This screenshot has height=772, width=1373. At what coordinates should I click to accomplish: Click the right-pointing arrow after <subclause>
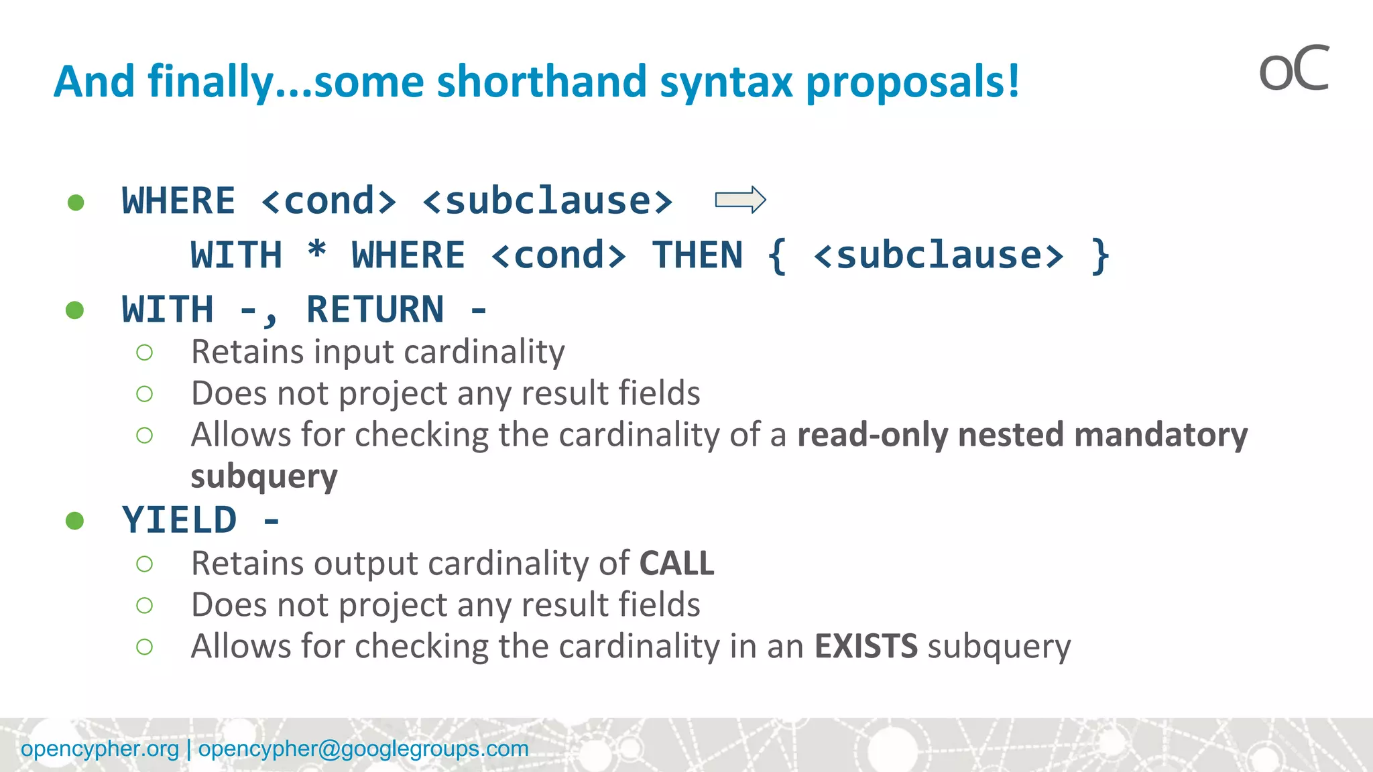coord(740,200)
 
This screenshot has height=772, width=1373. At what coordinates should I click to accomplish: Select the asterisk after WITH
coord(316,253)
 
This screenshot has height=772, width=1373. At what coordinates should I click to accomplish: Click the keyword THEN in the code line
coord(697,255)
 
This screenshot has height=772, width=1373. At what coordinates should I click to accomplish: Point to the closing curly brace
coord(1100,255)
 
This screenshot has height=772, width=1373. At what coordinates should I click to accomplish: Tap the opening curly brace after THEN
coord(777,255)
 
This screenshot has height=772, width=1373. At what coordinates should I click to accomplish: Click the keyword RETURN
coord(375,310)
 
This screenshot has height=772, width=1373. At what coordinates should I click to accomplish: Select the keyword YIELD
coord(179,520)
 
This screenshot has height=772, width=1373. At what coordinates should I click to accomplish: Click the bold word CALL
coord(676,563)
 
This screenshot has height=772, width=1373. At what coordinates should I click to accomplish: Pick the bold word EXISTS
coord(865,646)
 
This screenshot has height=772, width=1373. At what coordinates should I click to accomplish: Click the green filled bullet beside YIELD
coord(75,521)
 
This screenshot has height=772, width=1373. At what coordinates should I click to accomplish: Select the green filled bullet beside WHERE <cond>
coord(76,202)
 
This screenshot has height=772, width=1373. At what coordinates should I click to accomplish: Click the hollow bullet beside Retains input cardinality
coord(144,352)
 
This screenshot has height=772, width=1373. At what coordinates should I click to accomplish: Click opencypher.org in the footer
coord(100,749)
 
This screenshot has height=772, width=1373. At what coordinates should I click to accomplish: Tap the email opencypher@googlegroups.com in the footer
coord(363,749)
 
